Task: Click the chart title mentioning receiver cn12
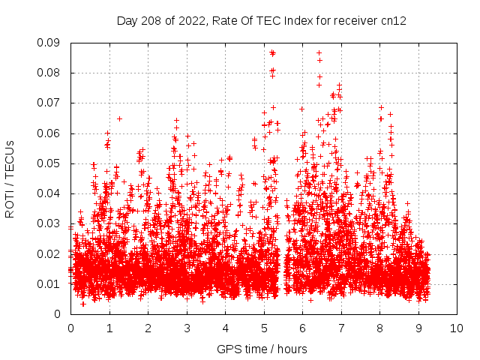point(261,21)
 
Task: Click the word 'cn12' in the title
point(393,21)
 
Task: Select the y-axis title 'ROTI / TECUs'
point(10,178)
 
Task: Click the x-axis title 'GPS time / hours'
point(262,349)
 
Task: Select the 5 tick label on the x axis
point(264,328)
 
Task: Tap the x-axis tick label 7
point(341,328)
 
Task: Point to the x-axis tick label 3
point(187,328)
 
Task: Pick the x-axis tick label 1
point(109,328)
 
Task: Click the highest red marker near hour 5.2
point(272,52)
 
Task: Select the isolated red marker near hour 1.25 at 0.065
point(119,118)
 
